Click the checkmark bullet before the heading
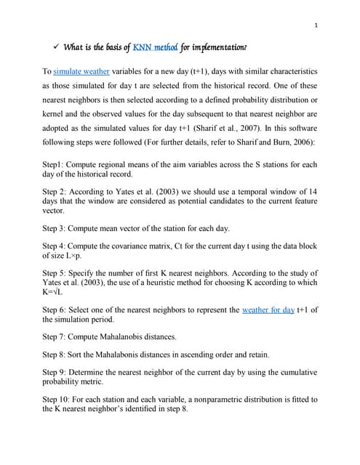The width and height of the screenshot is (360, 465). [55, 49]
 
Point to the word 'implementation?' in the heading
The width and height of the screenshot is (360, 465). [220, 49]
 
